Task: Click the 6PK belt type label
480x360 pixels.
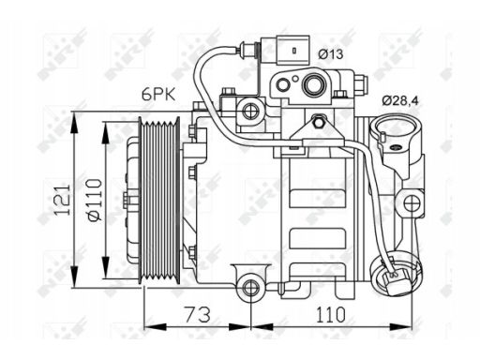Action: point(158,94)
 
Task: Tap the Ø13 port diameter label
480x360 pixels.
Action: point(331,54)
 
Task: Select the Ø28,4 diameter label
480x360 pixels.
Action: point(400,100)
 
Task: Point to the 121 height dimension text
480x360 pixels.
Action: point(62,200)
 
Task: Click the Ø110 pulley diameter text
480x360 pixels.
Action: point(95,200)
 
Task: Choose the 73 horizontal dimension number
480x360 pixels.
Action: point(198,314)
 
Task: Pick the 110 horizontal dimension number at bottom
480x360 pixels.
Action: point(331,314)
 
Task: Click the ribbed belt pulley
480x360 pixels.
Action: point(159,200)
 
